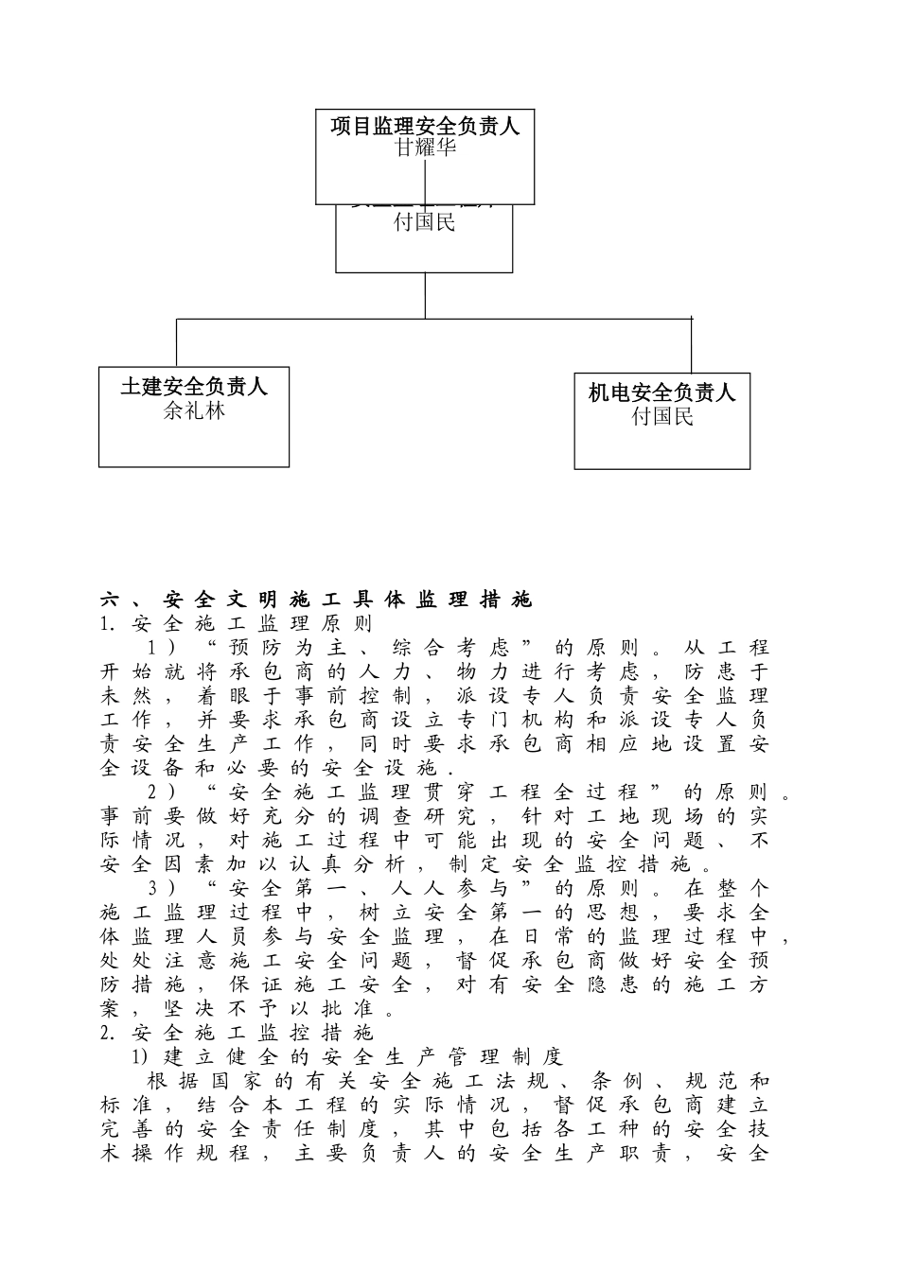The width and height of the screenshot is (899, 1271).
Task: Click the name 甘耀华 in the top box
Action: (x=425, y=148)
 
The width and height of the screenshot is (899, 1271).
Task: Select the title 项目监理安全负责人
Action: (x=425, y=126)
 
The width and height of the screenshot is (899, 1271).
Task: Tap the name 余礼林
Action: (x=194, y=410)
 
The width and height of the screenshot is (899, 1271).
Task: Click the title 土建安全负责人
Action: (x=194, y=387)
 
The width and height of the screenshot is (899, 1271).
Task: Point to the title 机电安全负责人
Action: (x=661, y=392)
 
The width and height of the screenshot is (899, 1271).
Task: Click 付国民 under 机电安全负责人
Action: (x=662, y=416)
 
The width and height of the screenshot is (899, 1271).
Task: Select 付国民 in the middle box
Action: (x=425, y=223)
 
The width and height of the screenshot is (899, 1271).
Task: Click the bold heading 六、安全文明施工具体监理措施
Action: (x=317, y=600)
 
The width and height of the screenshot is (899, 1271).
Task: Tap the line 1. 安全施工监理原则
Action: (x=237, y=624)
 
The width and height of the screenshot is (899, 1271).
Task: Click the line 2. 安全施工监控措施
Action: (x=237, y=1033)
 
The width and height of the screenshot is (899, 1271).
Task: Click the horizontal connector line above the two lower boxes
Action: (x=434, y=320)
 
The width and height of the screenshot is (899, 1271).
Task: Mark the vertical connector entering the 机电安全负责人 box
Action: (x=692, y=346)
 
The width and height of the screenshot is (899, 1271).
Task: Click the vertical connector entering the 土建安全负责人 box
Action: (x=177, y=344)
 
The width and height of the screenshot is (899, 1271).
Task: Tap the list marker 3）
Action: (x=162, y=889)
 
